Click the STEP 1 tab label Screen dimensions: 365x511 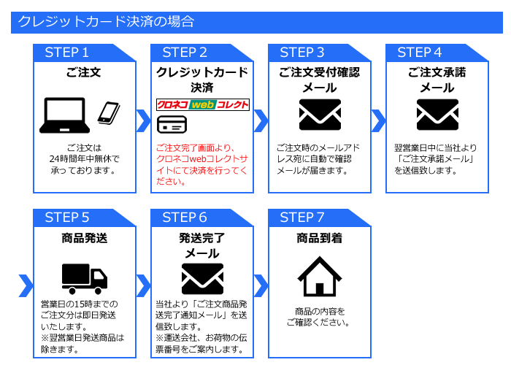66,53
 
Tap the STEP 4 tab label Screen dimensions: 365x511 419,53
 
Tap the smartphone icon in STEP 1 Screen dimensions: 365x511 108,112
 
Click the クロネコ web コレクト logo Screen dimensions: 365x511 202,104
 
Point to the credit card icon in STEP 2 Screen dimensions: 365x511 170,123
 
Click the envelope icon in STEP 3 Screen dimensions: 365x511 320,115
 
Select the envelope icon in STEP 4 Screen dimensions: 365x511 437,115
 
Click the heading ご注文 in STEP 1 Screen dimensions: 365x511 85,73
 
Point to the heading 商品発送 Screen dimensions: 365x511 85,238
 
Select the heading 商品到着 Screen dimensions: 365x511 320,238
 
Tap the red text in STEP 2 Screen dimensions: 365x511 201,164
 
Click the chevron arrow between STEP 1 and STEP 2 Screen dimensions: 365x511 143,120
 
